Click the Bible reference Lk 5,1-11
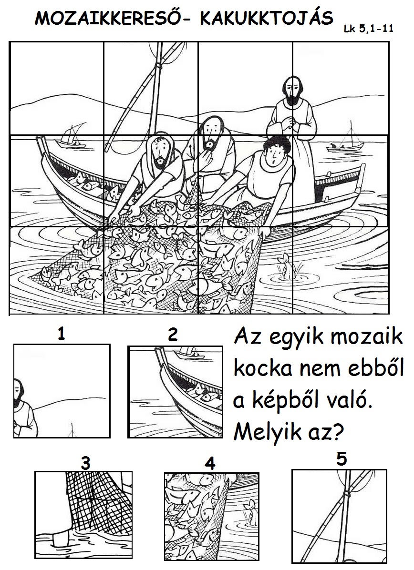coord(369,29)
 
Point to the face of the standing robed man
coord(292,91)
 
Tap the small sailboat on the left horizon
coord(72,137)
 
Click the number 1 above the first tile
coord(62,334)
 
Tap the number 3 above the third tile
coord(85,463)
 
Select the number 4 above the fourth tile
coord(210,464)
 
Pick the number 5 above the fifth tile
coord(342,459)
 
